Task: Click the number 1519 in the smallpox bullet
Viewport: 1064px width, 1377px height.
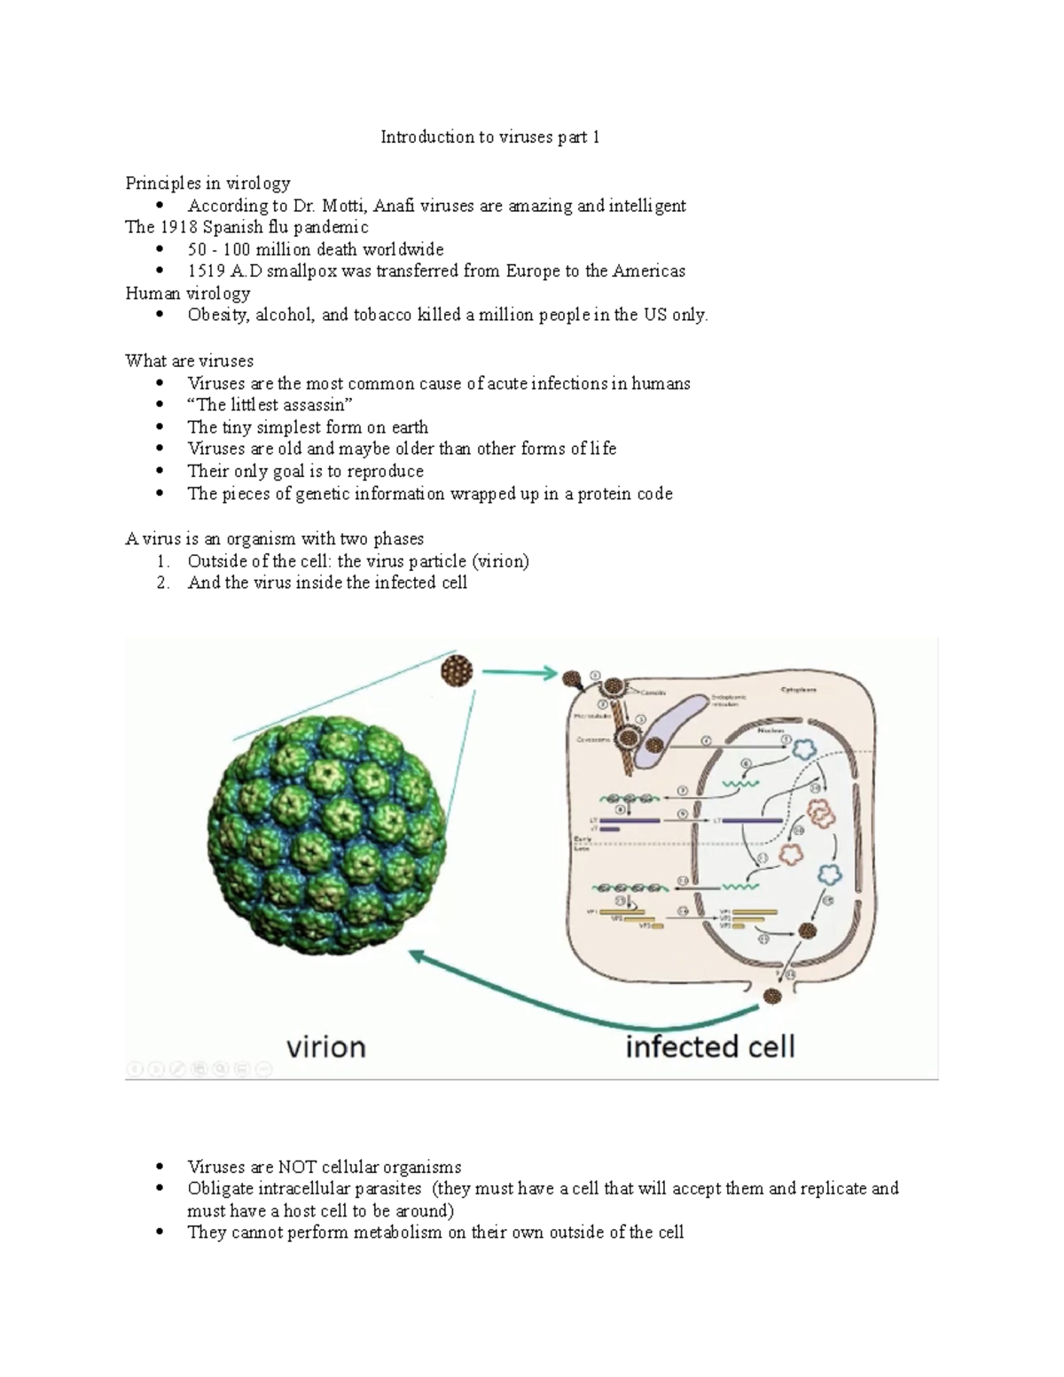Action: click(x=206, y=271)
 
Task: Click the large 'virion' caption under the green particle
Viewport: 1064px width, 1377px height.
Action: click(x=325, y=1047)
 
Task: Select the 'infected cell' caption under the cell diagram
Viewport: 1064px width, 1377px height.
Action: click(x=709, y=1047)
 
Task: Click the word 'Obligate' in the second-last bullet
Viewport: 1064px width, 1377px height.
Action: click(x=220, y=1188)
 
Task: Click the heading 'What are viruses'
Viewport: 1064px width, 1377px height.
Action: click(x=189, y=361)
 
